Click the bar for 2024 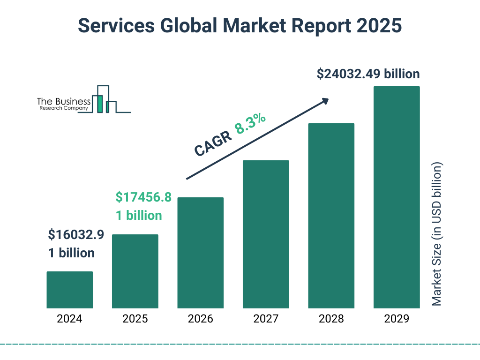click(x=69, y=290)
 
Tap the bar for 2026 click(x=200, y=253)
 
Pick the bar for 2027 click(x=266, y=234)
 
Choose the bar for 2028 click(x=331, y=216)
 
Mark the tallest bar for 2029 click(x=397, y=197)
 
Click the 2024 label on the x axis click(x=69, y=319)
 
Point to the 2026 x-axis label click(x=200, y=319)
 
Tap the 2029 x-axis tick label click(x=397, y=319)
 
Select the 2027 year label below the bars click(x=266, y=319)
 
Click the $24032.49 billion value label click(x=368, y=74)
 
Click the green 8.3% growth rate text click(x=250, y=123)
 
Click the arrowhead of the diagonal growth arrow click(x=325, y=101)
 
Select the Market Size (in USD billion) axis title click(x=437, y=234)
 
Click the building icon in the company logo click(x=104, y=100)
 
